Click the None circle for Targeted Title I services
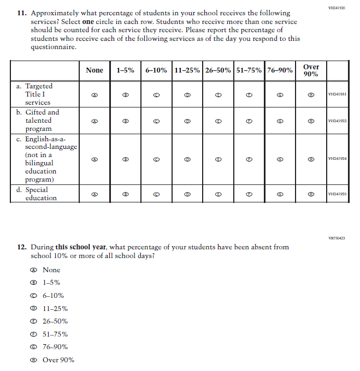(95, 94)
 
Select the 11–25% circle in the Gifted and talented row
(187, 121)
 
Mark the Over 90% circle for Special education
(311, 194)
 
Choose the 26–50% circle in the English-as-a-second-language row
(218, 159)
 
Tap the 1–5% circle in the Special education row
(126, 194)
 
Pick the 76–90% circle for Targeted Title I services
(280, 94)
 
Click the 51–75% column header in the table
(249, 70)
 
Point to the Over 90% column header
(311, 70)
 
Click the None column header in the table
(95, 70)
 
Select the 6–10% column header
(156, 70)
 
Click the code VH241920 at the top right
(337, 8)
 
